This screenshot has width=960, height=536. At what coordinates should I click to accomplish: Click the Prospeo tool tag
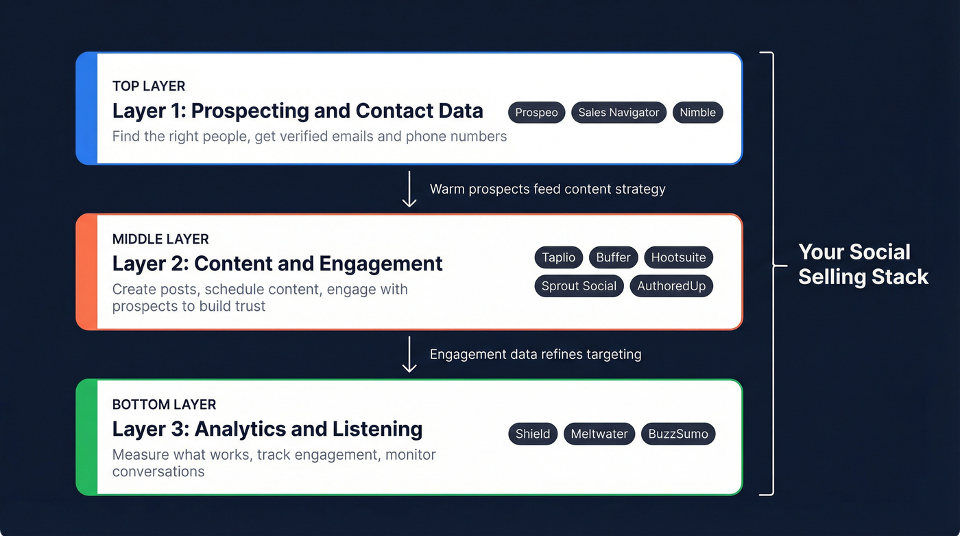pyautogui.click(x=536, y=113)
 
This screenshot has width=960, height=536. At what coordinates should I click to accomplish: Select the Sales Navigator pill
pyautogui.click(x=619, y=113)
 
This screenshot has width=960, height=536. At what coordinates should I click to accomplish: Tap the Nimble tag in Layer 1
pyautogui.click(x=697, y=113)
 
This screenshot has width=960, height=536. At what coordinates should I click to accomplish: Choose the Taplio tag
pyautogui.click(x=558, y=257)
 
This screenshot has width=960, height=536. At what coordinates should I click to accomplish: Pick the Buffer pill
pyautogui.click(x=613, y=257)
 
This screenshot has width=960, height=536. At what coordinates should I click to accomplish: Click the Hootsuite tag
pyautogui.click(x=678, y=257)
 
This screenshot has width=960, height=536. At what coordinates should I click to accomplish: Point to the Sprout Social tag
pyautogui.click(x=579, y=286)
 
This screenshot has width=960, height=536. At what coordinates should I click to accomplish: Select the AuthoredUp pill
pyautogui.click(x=671, y=286)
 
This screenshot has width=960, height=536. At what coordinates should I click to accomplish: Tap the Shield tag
pyautogui.click(x=533, y=434)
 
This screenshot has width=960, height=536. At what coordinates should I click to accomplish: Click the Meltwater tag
pyautogui.click(x=599, y=434)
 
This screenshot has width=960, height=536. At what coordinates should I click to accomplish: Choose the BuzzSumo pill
pyautogui.click(x=678, y=434)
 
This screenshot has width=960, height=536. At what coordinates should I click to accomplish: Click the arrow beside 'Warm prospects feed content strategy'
pyautogui.click(x=409, y=189)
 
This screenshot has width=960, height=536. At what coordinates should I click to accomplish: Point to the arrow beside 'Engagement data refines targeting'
pyautogui.click(x=409, y=354)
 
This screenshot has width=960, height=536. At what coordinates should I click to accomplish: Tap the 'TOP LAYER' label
pyautogui.click(x=149, y=86)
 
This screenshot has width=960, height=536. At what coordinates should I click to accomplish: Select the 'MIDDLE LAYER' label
pyautogui.click(x=160, y=239)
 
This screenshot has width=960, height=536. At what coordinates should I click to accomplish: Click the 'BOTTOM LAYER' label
pyautogui.click(x=164, y=404)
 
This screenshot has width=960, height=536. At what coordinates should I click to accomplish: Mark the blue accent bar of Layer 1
pyautogui.click(x=87, y=108)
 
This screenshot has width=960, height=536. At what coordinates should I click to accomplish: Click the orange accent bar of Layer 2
pyautogui.click(x=87, y=272)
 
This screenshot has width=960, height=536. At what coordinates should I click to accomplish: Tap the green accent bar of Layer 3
pyautogui.click(x=87, y=437)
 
